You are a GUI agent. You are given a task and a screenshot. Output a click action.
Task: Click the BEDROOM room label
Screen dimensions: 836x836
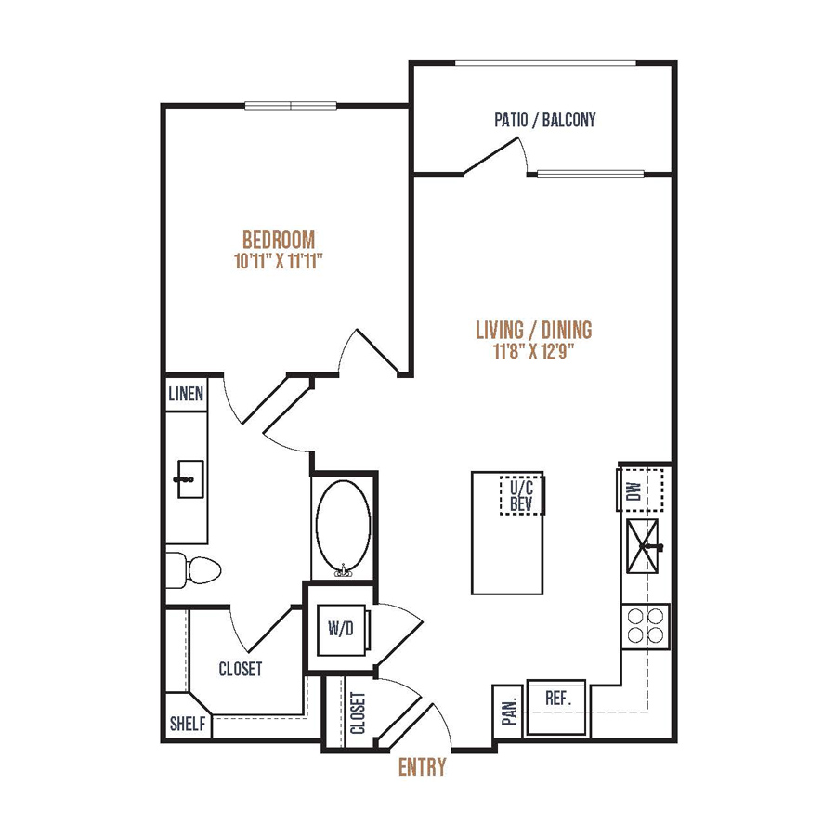pyautogui.click(x=279, y=240)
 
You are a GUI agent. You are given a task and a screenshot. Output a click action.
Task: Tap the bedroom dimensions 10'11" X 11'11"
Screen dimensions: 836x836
pyautogui.click(x=279, y=261)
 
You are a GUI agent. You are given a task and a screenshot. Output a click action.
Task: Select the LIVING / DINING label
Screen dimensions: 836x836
pyautogui.click(x=534, y=331)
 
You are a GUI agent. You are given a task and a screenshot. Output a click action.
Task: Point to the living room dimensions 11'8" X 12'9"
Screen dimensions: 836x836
pyautogui.click(x=534, y=352)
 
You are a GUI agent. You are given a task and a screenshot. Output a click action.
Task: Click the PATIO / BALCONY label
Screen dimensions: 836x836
pyautogui.click(x=545, y=120)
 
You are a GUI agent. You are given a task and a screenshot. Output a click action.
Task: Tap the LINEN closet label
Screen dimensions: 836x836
pyautogui.click(x=186, y=395)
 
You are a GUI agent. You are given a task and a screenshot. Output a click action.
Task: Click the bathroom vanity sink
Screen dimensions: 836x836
pyautogui.click(x=189, y=479)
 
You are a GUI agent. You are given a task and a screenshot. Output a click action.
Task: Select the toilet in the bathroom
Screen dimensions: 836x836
pyautogui.click(x=193, y=570)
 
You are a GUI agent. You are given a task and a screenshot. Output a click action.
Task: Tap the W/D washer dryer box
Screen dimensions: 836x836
pyautogui.click(x=341, y=629)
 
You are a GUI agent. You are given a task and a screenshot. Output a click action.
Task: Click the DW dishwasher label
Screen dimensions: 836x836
pyautogui.click(x=634, y=490)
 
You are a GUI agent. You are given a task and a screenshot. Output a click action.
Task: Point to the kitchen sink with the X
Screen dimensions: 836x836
pyautogui.click(x=643, y=546)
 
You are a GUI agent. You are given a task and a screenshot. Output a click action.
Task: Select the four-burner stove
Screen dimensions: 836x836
pyautogui.click(x=646, y=626)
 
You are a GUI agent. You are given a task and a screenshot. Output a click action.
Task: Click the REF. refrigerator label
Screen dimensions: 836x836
pyautogui.click(x=558, y=699)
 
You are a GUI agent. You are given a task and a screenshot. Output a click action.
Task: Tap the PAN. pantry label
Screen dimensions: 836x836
pyautogui.click(x=510, y=711)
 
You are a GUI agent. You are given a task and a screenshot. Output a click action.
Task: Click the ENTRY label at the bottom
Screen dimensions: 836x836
pyautogui.click(x=423, y=767)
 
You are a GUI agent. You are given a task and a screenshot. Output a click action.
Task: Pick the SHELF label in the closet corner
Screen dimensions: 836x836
pyautogui.click(x=188, y=724)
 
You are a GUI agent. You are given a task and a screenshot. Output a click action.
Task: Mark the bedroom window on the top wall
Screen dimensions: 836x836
pyautogui.click(x=291, y=106)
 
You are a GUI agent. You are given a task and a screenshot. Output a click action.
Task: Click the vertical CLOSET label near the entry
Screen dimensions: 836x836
pyautogui.click(x=359, y=712)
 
